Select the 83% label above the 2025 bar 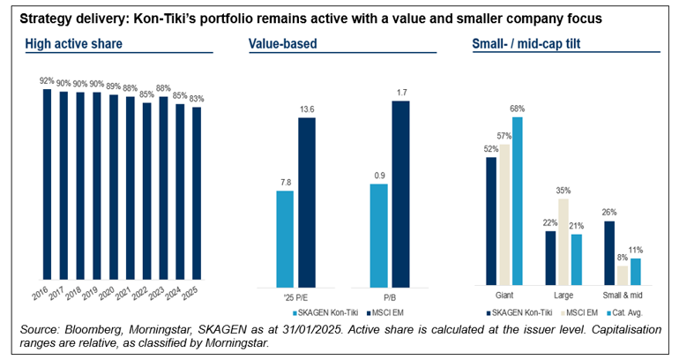tap(198, 100)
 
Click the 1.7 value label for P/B tap(400, 91)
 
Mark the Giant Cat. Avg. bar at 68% tap(518, 201)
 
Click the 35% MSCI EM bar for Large tap(563, 241)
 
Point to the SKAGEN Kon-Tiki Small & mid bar tap(609, 253)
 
